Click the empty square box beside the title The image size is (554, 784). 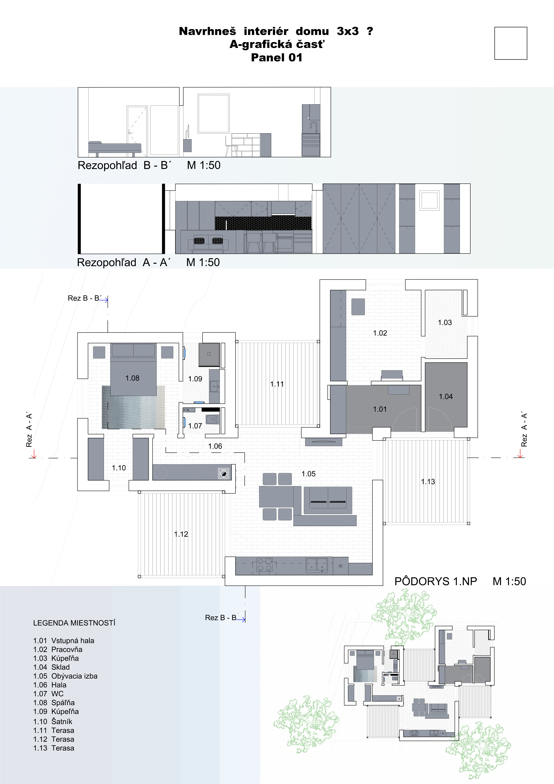coord(511,43)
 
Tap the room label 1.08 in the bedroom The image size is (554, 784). coord(132,378)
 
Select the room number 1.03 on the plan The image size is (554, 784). coord(445,322)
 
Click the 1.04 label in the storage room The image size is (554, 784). coord(446,396)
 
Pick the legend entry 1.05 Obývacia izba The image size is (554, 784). coord(65,676)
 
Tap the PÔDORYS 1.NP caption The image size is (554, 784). coord(436,581)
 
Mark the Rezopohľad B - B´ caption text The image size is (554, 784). coord(125,165)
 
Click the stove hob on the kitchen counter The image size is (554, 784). coord(264,565)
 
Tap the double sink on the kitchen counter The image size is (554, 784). coord(317,565)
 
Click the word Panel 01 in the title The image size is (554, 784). coord(277,57)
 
